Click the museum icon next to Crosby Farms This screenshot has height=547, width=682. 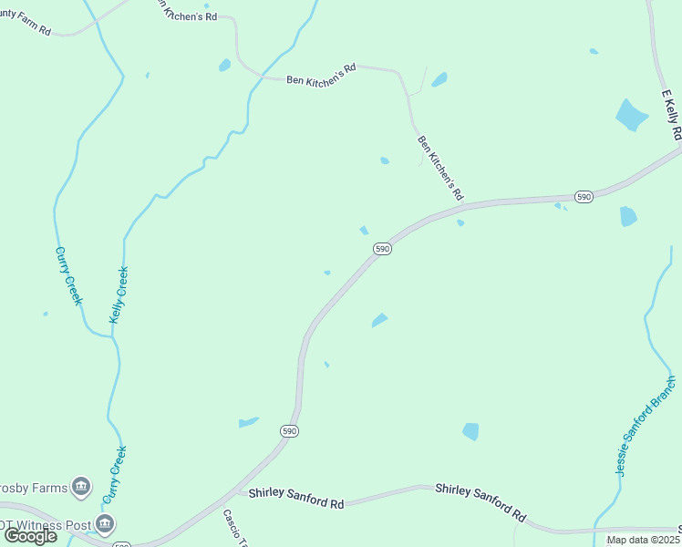[x=82, y=486]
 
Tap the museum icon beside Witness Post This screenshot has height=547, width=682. [x=106, y=523]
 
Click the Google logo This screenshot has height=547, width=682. [x=30, y=536]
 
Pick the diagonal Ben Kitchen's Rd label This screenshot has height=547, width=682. [x=440, y=168]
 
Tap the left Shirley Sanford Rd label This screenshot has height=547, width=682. [x=297, y=499]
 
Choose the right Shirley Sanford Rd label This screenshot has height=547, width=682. [x=480, y=502]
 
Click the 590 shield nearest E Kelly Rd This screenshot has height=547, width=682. [x=584, y=196]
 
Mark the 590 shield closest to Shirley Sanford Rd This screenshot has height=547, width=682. [x=289, y=430]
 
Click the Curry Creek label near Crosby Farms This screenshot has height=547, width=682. [x=114, y=474]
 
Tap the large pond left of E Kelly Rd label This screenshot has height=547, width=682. [x=632, y=115]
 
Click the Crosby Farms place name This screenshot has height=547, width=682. [x=33, y=487]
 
